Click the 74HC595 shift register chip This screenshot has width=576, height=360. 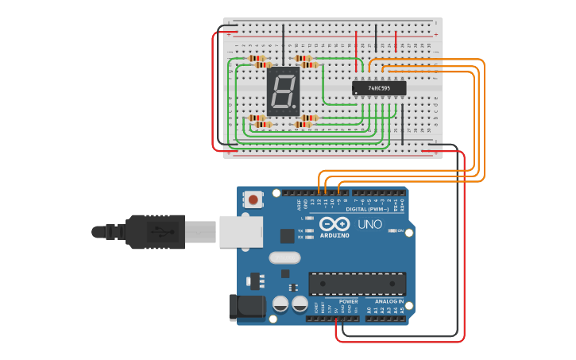[x=379, y=87]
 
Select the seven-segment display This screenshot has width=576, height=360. [x=284, y=91]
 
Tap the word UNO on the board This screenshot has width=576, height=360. [x=369, y=225]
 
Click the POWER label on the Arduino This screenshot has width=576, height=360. [x=348, y=302]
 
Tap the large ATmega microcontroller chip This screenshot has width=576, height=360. [x=357, y=283]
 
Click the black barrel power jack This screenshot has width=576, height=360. [x=246, y=308]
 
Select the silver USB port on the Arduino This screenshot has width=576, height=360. [x=241, y=231]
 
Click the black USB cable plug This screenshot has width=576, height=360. [x=155, y=231]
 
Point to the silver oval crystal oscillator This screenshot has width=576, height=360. [x=284, y=257]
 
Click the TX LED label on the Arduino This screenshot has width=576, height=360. [x=300, y=231]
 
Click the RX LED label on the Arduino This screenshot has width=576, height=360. [x=300, y=238]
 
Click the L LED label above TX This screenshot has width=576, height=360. [x=301, y=218]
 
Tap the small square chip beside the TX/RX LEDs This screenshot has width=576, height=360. [x=287, y=236]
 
